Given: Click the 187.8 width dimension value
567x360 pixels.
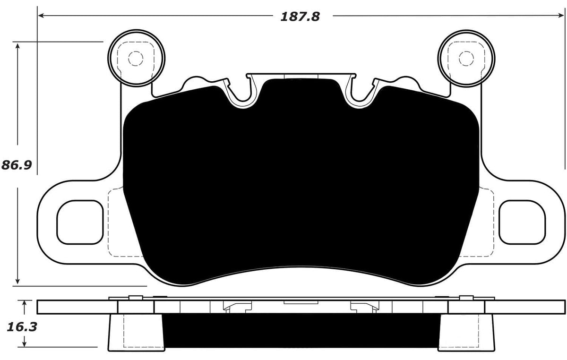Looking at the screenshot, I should click(x=300, y=17).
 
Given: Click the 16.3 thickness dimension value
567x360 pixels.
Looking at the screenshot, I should click(x=19, y=326).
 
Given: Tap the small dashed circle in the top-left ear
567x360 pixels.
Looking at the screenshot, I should click(x=136, y=59).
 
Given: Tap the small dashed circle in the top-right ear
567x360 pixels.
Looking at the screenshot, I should click(x=466, y=59).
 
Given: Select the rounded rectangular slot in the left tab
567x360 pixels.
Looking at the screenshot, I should click(x=80, y=222).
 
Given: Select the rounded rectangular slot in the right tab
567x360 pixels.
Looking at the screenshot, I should click(x=522, y=222).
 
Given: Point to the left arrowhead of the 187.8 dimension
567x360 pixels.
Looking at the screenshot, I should click(x=41, y=16).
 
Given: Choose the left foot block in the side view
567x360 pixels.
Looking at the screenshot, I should click(x=136, y=333).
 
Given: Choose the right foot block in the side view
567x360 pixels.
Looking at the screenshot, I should click(x=466, y=333).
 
